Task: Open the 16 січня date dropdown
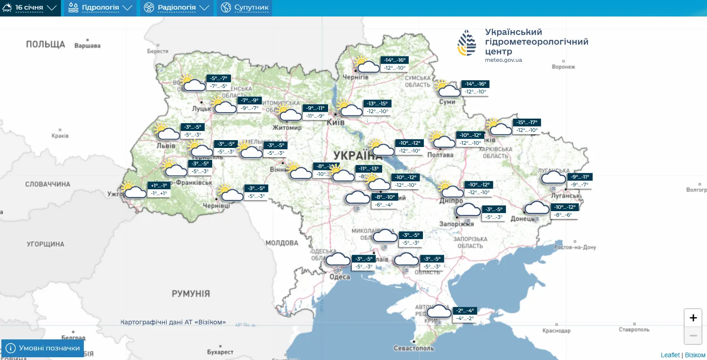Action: tap(30, 8)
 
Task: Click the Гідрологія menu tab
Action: tap(100, 8)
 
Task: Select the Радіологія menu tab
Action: tap(176, 8)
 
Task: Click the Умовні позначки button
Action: tap(43, 348)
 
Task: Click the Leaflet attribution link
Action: tap(670, 355)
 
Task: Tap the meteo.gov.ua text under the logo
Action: tap(503, 60)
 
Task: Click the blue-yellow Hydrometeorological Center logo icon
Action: tap(467, 43)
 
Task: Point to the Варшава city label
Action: tap(87, 46)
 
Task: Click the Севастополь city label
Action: tap(414, 348)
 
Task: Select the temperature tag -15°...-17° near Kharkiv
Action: tap(527, 123)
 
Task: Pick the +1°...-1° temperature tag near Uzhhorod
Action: tap(159, 185)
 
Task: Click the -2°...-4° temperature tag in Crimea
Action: tap(464, 311)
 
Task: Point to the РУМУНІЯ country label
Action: tap(191, 294)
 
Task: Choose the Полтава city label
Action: tap(440, 155)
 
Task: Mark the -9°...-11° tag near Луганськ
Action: tap(580, 177)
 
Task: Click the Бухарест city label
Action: tap(220, 352)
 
